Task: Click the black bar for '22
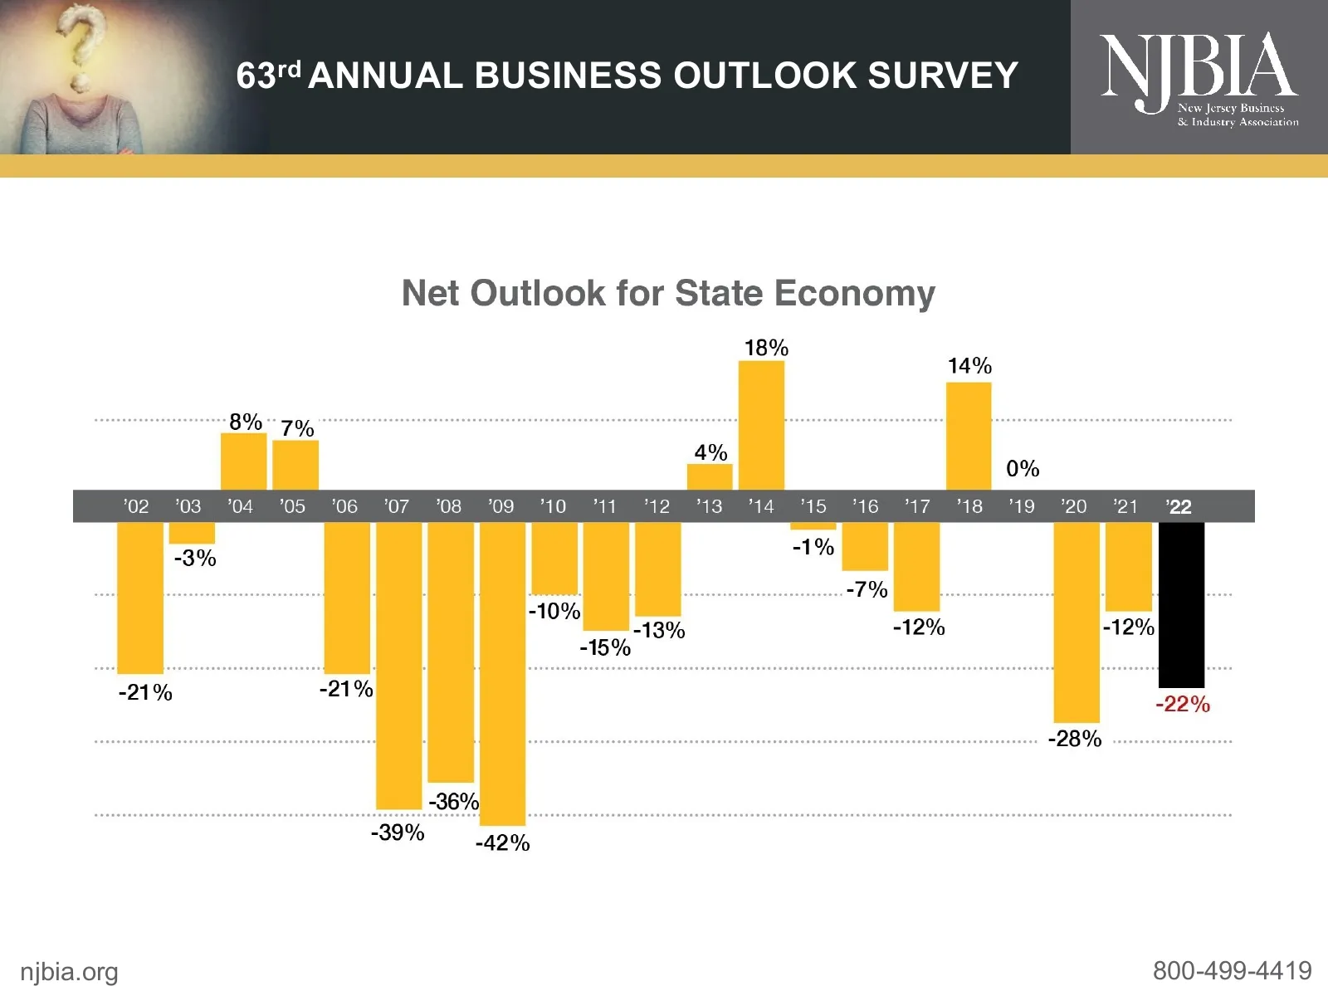tap(1181, 604)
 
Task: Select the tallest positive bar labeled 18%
tap(761, 425)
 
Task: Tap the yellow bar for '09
tap(502, 672)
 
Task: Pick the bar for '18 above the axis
tap(969, 436)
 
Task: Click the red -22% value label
tap(1183, 705)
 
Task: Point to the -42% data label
tap(502, 843)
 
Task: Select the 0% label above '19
tap(1023, 469)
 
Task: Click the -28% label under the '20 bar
tap(1075, 739)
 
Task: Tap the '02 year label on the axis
tap(136, 506)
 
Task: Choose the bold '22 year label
tap(1179, 507)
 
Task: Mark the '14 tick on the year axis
tap(760, 506)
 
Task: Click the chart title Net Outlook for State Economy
tap(668, 293)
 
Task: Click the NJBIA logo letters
tap(1198, 66)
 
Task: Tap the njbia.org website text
tap(69, 972)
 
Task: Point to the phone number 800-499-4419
tap(1232, 970)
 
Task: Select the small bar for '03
tap(192, 533)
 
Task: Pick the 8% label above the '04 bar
tap(246, 422)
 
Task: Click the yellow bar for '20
tap(1077, 622)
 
